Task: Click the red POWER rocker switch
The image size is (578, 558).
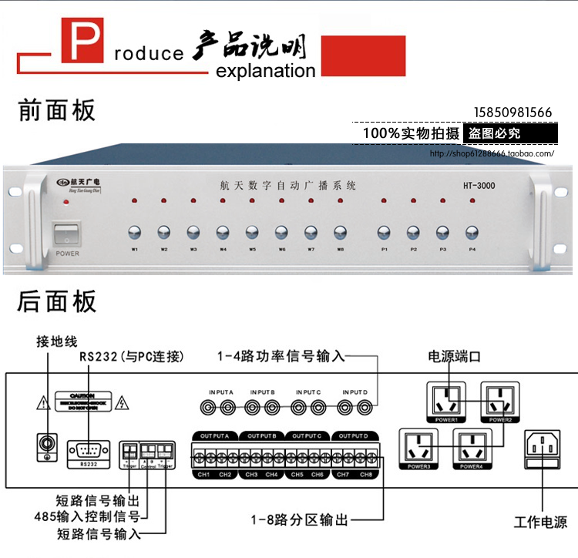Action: [x=66, y=234]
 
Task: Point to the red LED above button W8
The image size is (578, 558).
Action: [x=340, y=201]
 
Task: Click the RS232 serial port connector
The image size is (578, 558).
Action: [x=86, y=449]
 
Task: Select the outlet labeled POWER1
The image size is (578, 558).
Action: [x=449, y=400]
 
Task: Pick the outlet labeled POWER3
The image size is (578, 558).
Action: [x=417, y=446]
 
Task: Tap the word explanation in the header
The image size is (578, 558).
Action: [x=266, y=72]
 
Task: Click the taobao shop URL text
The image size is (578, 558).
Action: [x=492, y=153]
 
